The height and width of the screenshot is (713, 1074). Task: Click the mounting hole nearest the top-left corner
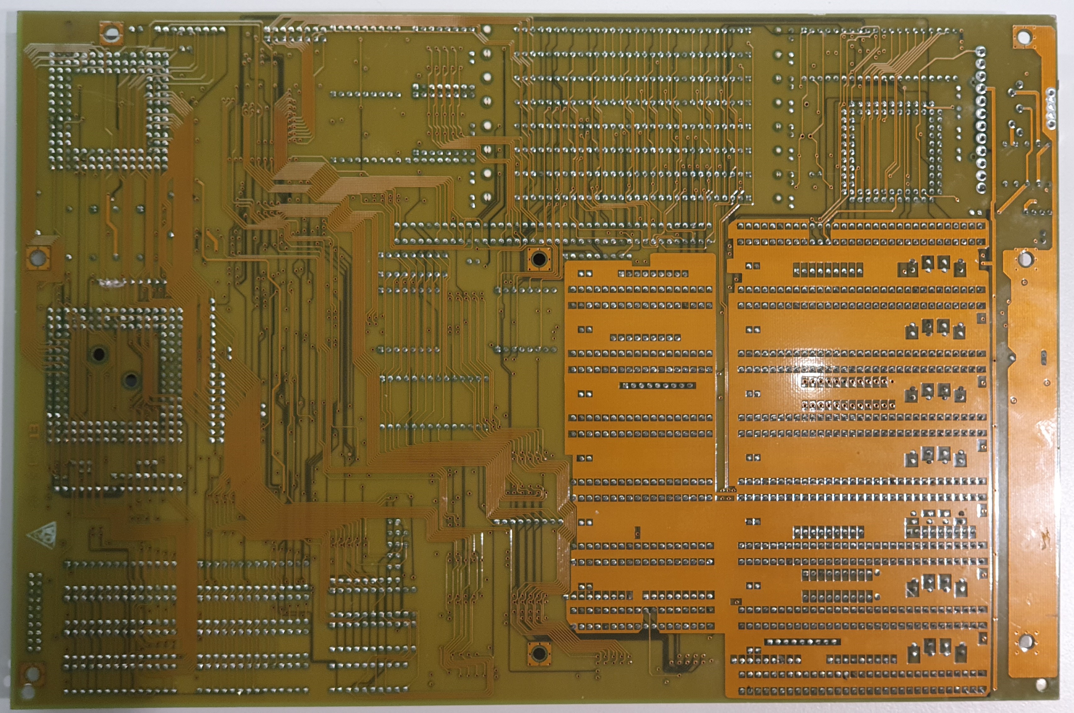(x=110, y=33)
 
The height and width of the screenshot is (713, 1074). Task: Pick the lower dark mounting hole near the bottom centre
(x=539, y=654)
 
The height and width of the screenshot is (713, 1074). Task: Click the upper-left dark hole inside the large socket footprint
(x=99, y=354)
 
